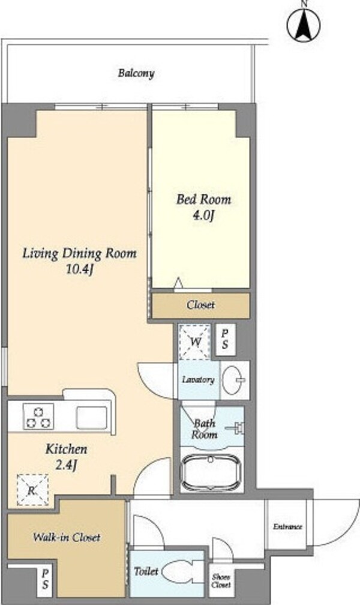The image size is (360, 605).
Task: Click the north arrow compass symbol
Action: click(x=304, y=24)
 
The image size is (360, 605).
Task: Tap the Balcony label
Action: click(x=136, y=73)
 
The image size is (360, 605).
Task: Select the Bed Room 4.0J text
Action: click(x=204, y=207)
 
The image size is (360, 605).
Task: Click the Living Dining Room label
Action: click(x=79, y=261)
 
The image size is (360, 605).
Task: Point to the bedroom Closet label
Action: click(x=200, y=305)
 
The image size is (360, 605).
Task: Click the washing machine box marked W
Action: click(x=195, y=342)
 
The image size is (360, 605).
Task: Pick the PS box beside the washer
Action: click(x=225, y=339)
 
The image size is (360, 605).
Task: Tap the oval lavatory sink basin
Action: click(x=234, y=381)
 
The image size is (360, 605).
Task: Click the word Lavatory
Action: click(x=198, y=380)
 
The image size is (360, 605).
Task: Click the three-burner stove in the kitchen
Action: click(x=38, y=417)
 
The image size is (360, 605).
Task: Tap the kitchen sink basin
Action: click(x=91, y=418)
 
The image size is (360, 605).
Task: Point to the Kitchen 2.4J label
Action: click(x=67, y=456)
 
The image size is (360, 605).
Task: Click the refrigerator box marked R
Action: click(x=32, y=490)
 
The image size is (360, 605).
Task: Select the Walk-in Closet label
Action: click(x=67, y=537)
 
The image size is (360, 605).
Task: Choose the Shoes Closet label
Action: click(x=221, y=581)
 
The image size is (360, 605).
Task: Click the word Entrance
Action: click(x=287, y=527)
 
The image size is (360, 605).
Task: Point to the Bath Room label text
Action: click(x=205, y=429)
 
